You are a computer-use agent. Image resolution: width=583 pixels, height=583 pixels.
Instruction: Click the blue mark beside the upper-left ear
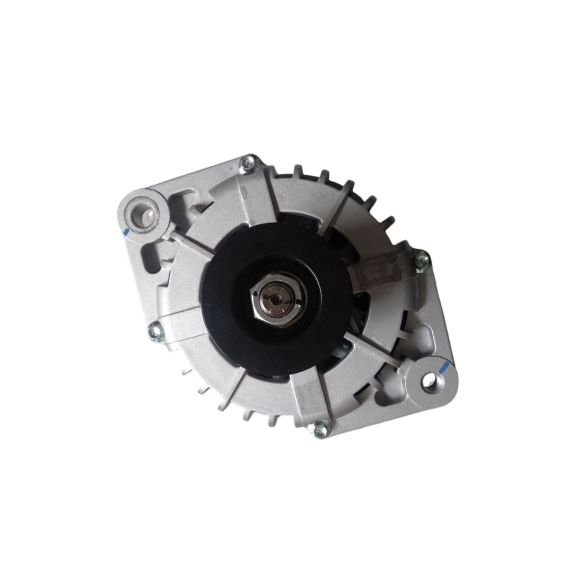click(125, 233)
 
